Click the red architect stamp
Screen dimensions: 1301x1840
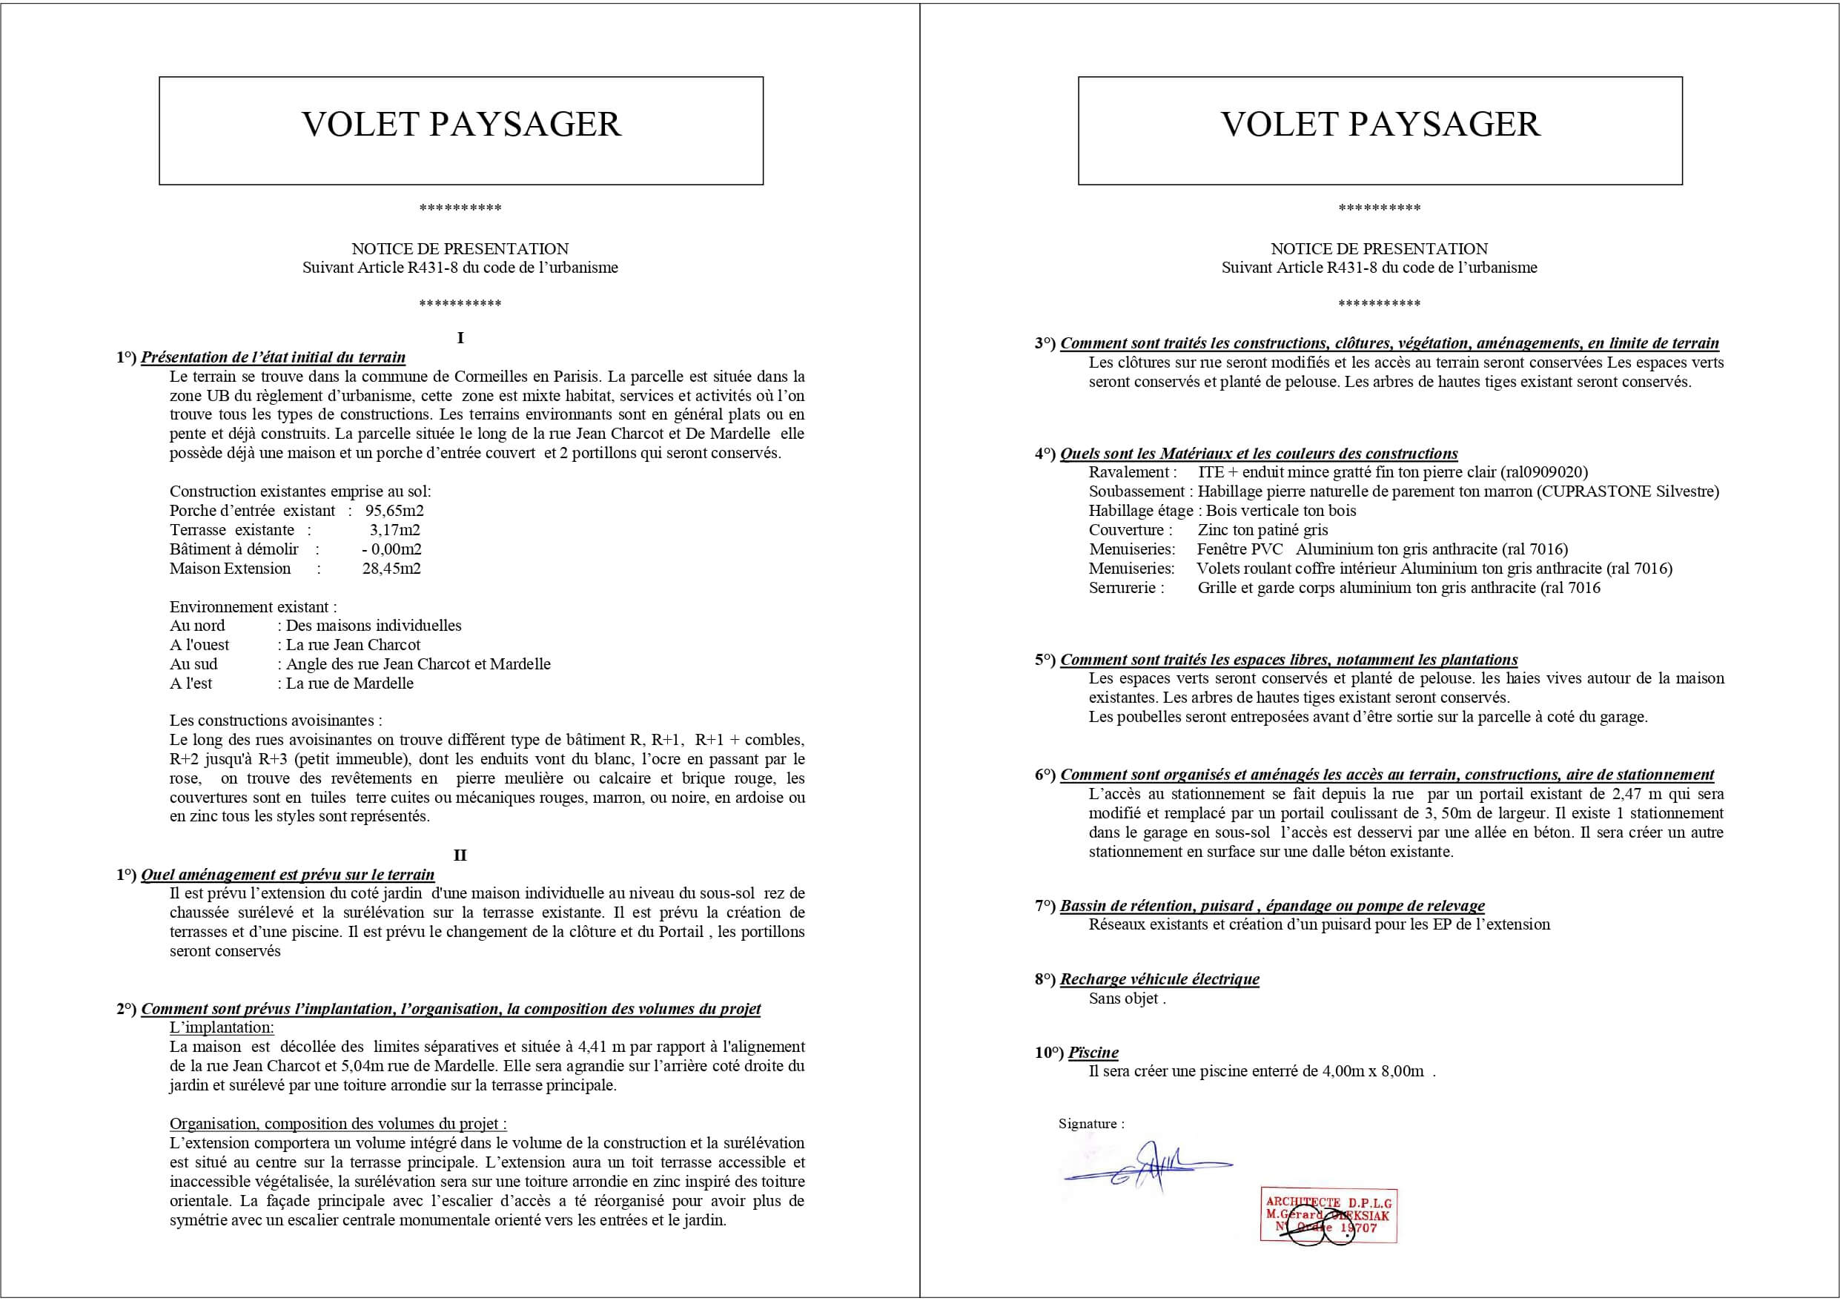[x=1328, y=1215]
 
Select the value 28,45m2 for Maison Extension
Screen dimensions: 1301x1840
[x=391, y=569]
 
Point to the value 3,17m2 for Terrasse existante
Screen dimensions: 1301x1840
[x=394, y=530]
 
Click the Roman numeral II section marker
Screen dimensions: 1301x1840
[x=460, y=855]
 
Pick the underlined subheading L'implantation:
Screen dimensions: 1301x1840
[x=221, y=1027]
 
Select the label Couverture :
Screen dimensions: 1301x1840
[x=1130, y=530]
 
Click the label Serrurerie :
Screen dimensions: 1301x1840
[x=1126, y=588]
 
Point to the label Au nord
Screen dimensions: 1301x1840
[x=197, y=625]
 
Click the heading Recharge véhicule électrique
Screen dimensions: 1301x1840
[x=1159, y=979]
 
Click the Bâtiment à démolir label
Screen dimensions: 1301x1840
[x=234, y=549]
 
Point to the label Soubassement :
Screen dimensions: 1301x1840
[x=1136, y=491]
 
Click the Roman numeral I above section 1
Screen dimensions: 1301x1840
[x=460, y=337]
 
